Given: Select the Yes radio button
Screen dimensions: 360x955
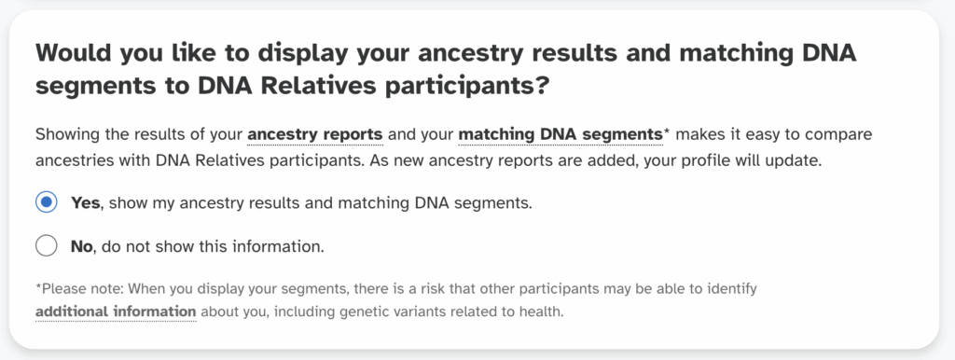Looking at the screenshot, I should [47, 202].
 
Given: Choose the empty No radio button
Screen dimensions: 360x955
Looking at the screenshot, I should [47, 246].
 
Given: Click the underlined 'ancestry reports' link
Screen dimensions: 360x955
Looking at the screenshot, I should [315, 134].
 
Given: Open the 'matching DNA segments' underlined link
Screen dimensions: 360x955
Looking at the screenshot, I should [560, 134].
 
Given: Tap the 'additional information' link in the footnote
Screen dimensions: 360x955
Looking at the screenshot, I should [116, 311].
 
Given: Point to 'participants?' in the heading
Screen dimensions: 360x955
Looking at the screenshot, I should [469, 88].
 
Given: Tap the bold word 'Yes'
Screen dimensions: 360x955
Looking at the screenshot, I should [86, 202].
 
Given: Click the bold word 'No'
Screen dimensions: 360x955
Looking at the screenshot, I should [82, 247].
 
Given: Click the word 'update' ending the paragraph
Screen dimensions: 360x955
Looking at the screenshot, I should [794, 159].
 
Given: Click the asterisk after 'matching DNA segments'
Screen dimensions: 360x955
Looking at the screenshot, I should [666, 132].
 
